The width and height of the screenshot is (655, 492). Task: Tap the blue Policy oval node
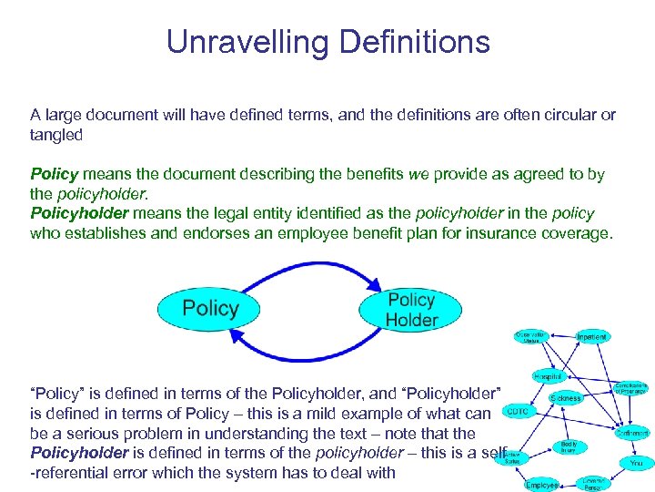209,308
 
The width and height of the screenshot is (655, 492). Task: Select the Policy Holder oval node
411,309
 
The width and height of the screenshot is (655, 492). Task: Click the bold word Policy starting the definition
54,174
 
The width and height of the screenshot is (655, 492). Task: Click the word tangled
56,135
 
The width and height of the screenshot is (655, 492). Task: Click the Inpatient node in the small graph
591,336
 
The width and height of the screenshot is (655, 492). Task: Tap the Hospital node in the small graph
549,376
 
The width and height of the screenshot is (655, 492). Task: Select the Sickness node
565,398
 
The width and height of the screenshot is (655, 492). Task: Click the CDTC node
517,412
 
